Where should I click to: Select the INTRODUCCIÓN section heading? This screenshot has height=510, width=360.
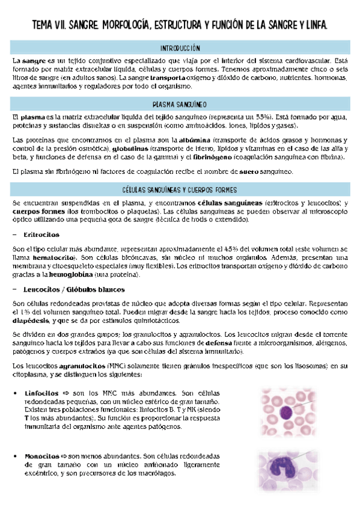pyautogui.click(x=180, y=48)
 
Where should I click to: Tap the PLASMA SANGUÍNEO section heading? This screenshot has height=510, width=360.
pyautogui.click(x=180, y=103)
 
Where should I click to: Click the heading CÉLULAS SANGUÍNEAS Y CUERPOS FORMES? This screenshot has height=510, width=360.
pyautogui.click(x=180, y=189)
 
